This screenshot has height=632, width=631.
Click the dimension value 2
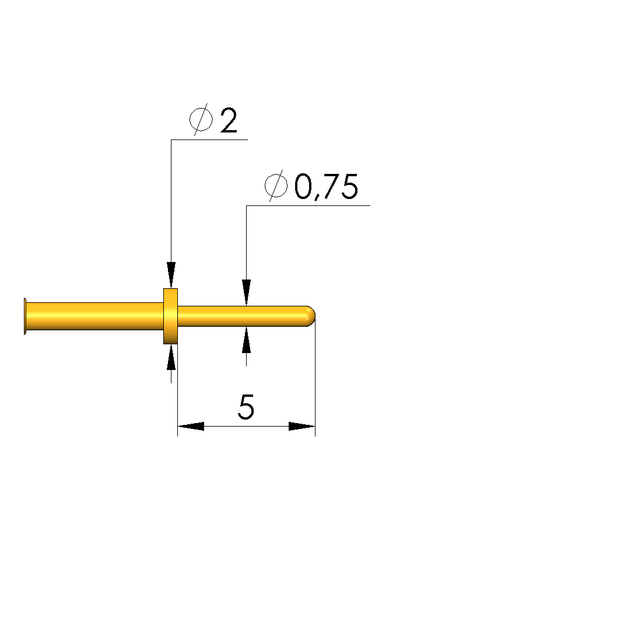coord(229,120)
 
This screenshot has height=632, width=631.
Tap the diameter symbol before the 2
coord(201,119)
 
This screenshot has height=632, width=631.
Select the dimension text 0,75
coord(326,187)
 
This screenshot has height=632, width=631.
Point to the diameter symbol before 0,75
coord(276,186)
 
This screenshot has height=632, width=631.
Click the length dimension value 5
coord(246,407)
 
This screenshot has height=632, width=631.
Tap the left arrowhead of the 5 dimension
coord(191,426)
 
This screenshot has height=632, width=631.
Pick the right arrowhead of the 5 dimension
coord(302,426)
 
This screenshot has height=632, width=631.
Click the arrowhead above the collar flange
coord(171,275)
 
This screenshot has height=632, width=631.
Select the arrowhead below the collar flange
coord(171,357)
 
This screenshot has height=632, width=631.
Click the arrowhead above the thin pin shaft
coord(247,292)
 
